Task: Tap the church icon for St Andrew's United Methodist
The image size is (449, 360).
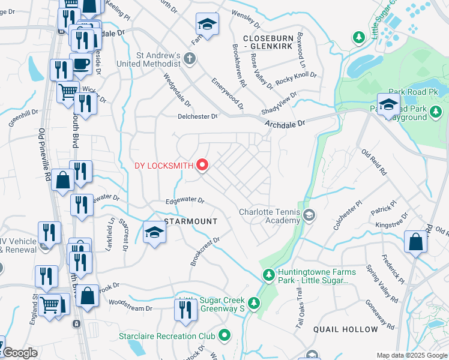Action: coord(190,59)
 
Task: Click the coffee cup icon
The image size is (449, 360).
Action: coord(80,64)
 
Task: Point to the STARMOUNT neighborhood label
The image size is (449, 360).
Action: coord(191,221)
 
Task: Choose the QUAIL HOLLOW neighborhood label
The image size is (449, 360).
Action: coord(346,329)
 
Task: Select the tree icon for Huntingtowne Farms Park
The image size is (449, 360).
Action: coord(269,275)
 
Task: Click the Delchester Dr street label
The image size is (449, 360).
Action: coord(197,116)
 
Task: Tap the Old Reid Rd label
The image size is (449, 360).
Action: coord(374,161)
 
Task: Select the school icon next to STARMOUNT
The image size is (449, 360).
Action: coord(154,232)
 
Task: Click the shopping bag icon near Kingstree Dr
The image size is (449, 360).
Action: coord(415,241)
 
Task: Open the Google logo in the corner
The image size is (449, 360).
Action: coord(19,353)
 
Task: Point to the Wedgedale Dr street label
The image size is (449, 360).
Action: coord(176,89)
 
